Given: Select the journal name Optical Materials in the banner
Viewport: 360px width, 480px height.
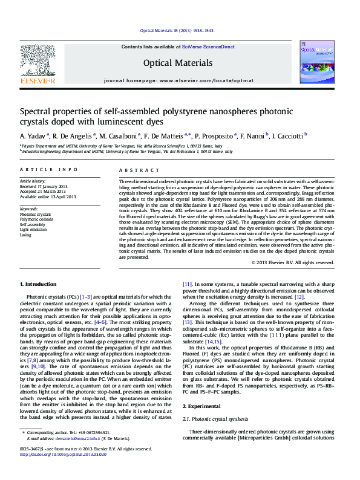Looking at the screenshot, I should (x=178, y=63).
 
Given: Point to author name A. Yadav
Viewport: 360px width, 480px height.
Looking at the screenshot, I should (x=33, y=135).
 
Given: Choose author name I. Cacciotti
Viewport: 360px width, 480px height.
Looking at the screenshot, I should (x=286, y=135).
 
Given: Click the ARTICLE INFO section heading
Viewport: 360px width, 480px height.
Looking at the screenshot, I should (x=49, y=171).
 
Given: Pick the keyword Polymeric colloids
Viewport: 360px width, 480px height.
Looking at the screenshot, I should (x=36, y=219).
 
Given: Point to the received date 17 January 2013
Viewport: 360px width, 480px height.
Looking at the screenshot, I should (x=54, y=186).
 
